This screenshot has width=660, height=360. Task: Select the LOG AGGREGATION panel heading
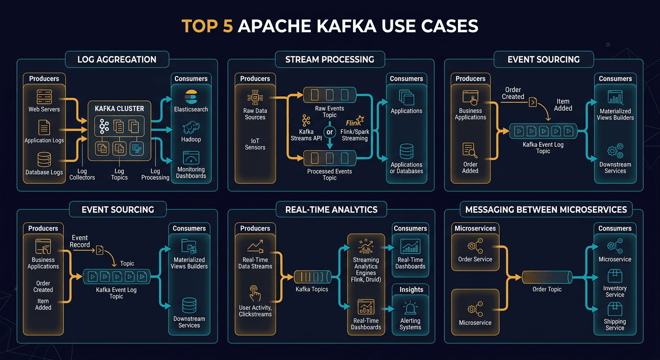click(x=117, y=60)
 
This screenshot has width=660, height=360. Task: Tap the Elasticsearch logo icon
click(x=191, y=96)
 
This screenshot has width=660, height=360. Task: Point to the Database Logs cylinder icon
click(x=44, y=159)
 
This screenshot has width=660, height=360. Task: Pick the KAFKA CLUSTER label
click(x=120, y=108)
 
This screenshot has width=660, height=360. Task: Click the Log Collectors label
click(x=82, y=174)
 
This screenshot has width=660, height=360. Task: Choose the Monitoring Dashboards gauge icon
click(x=191, y=157)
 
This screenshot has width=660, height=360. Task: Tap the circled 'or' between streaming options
click(x=330, y=132)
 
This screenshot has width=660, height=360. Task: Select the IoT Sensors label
click(x=255, y=144)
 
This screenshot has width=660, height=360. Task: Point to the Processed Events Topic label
click(x=330, y=174)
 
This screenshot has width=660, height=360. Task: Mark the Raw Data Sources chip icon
click(x=255, y=98)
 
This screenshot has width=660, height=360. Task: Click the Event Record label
click(x=80, y=241)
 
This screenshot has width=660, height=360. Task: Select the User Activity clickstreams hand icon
click(x=255, y=294)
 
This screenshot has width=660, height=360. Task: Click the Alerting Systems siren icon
click(x=410, y=308)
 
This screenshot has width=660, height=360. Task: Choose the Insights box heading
click(x=411, y=290)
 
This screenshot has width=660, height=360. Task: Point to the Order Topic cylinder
click(x=547, y=277)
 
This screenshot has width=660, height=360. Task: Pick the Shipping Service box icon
click(x=615, y=309)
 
